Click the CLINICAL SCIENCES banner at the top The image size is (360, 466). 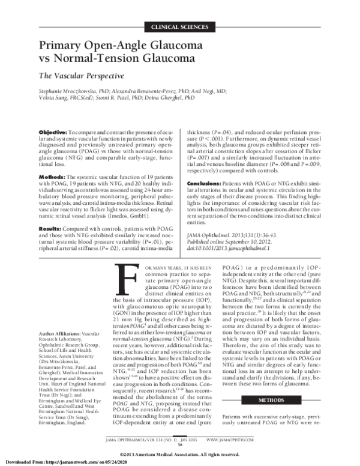[x=180, y=28]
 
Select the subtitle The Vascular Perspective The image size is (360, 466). [x=82, y=76]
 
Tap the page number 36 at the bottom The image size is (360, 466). [x=180, y=445]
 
